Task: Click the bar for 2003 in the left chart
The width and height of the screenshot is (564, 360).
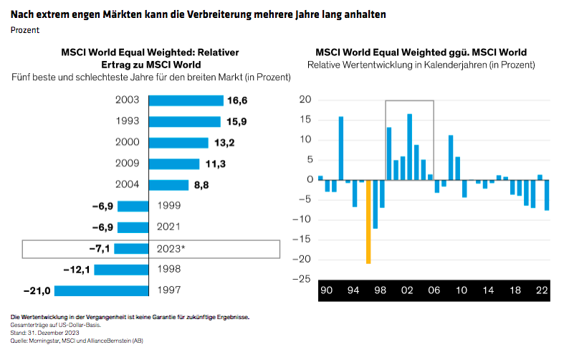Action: (x=186, y=101)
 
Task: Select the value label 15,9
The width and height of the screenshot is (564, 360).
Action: (x=236, y=122)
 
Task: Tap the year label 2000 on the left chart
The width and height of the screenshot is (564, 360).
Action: (x=128, y=143)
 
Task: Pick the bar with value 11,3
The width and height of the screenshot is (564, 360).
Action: (x=174, y=164)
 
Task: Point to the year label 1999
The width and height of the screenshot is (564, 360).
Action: (x=169, y=207)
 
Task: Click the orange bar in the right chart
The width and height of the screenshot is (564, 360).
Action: (x=368, y=222)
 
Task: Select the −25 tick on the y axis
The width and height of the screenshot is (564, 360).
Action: (x=302, y=279)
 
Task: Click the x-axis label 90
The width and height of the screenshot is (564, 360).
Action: (x=327, y=291)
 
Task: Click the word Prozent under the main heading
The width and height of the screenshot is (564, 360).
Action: (x=25, y=30)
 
